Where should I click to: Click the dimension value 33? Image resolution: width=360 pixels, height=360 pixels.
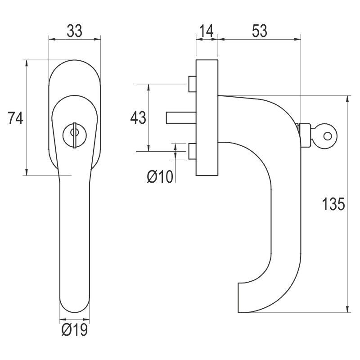tap(74, 31)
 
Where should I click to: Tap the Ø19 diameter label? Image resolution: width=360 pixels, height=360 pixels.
tap(74, 331)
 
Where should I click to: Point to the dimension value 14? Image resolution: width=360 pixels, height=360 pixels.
tap(207, 31)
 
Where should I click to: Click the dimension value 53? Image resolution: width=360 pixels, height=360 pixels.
tap(259, 31)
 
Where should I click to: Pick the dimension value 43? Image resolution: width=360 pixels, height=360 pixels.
tap(138, 118)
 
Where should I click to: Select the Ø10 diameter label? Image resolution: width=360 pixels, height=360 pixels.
tap(160, 177)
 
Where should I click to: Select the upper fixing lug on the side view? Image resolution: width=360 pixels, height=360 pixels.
tap(192, 83)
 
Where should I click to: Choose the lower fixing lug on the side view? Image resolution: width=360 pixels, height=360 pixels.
tap(192, 151)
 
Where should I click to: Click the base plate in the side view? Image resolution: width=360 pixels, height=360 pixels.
tap(207, 117)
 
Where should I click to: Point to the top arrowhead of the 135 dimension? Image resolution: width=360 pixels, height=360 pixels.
tap(347, 99)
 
